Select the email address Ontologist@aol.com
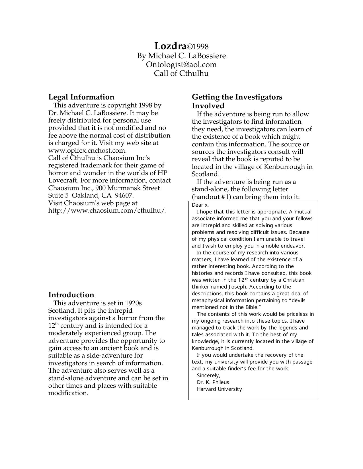[181, 65]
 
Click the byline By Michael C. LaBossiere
[181, 56]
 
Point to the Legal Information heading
[81, 97]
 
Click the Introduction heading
[71, 295]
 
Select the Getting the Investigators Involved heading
[237, 101]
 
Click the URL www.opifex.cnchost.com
[87, 150]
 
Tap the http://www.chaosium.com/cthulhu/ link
[107, 211]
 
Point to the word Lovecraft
[62, 180]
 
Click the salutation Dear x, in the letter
[200, 205]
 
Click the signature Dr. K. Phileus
[213, 382]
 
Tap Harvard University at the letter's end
[219, 389]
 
